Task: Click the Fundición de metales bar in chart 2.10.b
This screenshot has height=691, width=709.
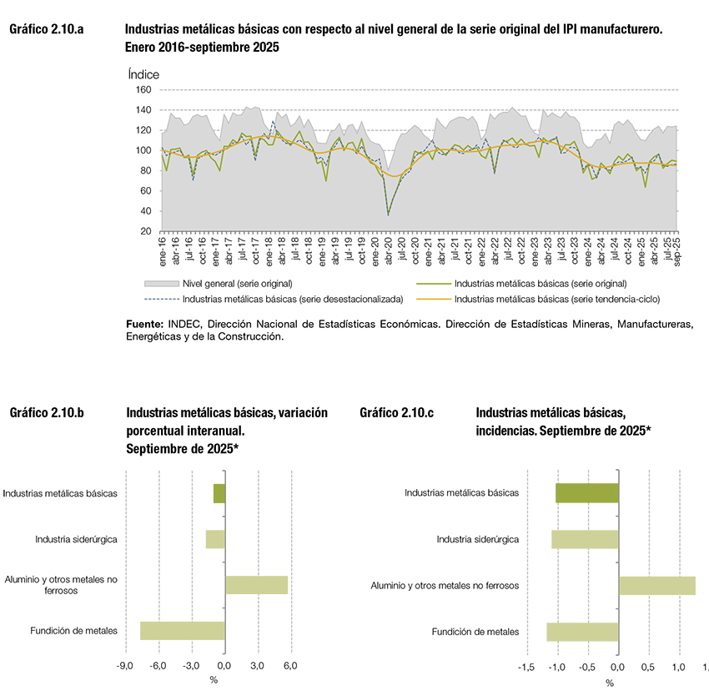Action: tap(183, 631)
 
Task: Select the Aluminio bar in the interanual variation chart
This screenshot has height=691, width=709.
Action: tap(256, 584)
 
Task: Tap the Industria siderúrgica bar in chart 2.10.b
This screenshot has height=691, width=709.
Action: tap(215, 539)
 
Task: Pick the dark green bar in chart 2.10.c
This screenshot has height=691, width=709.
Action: tap(587, 492)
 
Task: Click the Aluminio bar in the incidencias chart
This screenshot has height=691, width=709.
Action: tap(656, 585)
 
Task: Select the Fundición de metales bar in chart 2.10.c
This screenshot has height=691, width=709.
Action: tap(582, 631)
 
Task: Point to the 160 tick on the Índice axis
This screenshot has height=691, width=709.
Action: tap(143, 89)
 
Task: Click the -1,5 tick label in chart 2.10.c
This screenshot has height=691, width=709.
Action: tap(526, 668)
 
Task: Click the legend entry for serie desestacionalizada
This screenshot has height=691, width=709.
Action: tap(293, 298)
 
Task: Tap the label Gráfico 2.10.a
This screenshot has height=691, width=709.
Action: tap(47, 30)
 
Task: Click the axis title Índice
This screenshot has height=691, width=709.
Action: tap(143, 73)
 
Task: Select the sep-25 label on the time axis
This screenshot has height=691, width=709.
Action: tap(676, 250)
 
